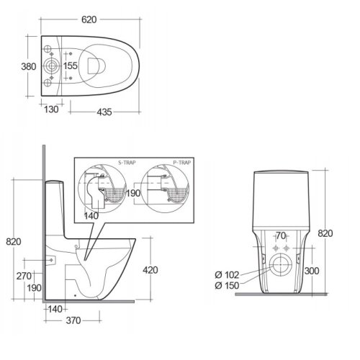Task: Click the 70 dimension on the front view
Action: [282, 235]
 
